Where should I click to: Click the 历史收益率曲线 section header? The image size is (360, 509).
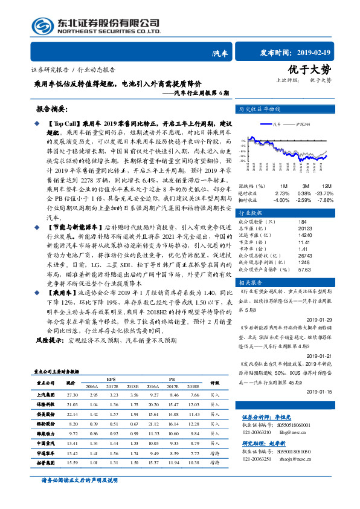260,110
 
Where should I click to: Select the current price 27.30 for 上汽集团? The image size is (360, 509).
72,394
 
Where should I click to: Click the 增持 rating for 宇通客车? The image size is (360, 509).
214,452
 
